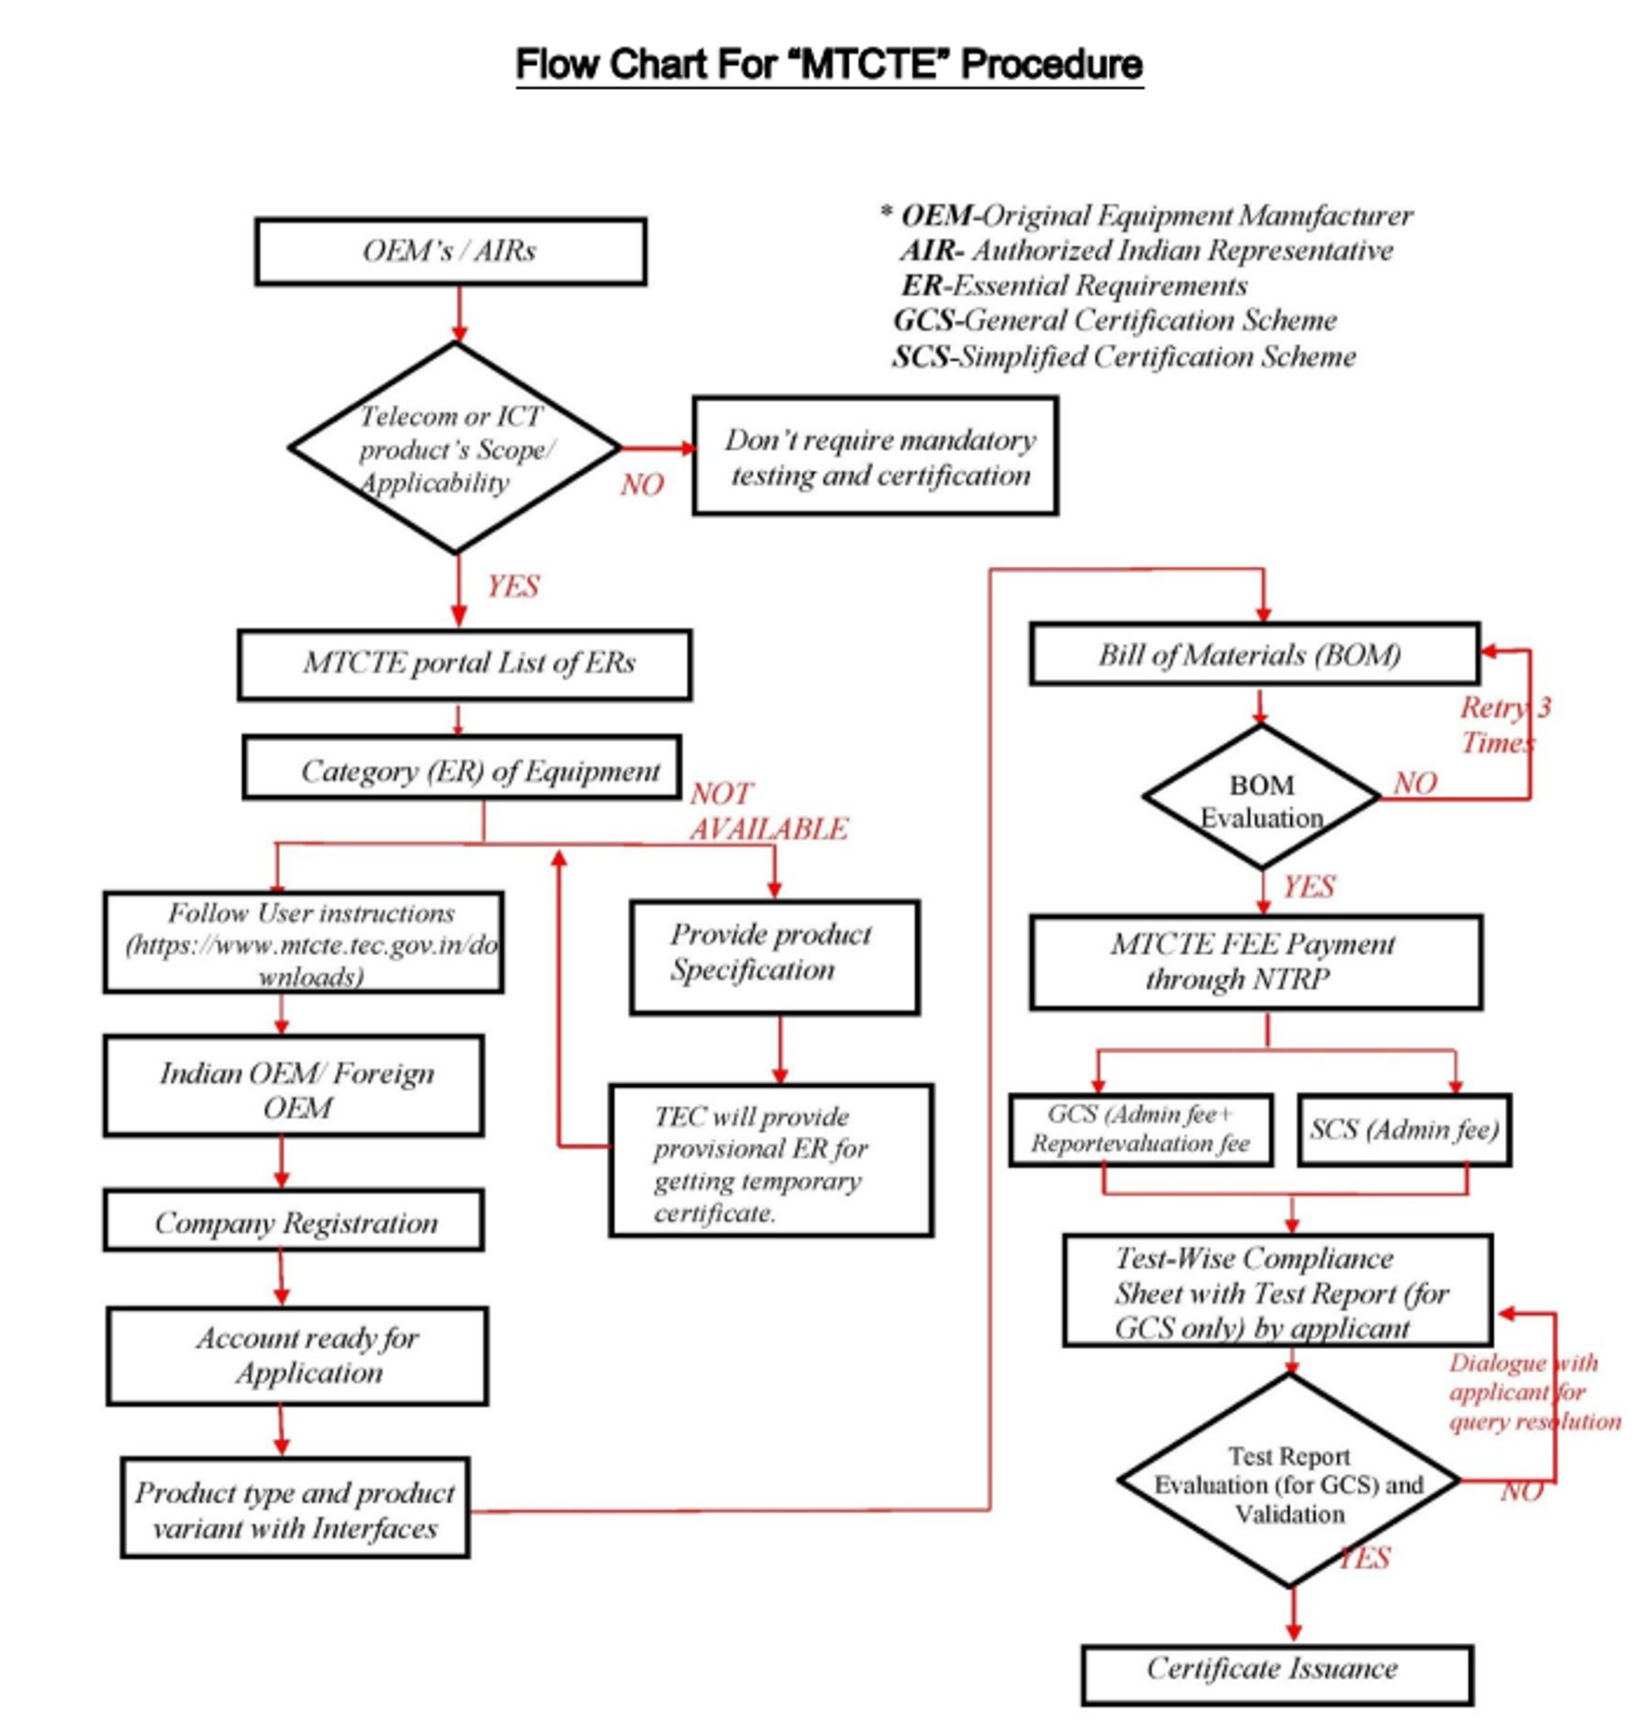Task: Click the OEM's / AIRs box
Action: tap(450, 252)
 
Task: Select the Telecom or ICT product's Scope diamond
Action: tap(454, 449)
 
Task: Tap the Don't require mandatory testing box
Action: tap(875, 456)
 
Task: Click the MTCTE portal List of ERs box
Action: tap(464, 664)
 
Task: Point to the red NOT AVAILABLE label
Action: tap(767, 811)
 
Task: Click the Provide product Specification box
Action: tap(773, 956)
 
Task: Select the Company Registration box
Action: tap(293, 1221)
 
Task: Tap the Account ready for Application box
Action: tap(298, 1355)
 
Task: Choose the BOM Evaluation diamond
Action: tap(1262, 800)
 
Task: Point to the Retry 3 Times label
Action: tap(1504, 725)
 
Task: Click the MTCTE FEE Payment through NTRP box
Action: tap(1256, 962)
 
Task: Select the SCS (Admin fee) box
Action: tap(1403, 1130)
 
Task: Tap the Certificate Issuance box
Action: tap(1276, 1668)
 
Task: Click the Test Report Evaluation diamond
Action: tap(1288, 1483)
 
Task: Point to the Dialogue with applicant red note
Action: tap(1532, 1392)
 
